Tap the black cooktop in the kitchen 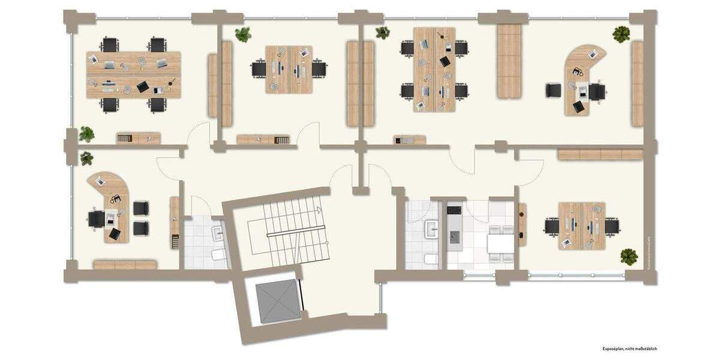tap(454, 210)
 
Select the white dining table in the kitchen tap(500, 244)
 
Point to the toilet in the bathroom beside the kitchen tap(429, 259)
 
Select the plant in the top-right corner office tap(621, 34)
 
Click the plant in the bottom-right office tap(629, 257)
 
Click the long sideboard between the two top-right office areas tap(508, 61)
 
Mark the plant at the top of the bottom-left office tap(87, 158)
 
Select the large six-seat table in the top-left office tap(134, 75)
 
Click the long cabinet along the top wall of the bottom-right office tap(600, 154)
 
